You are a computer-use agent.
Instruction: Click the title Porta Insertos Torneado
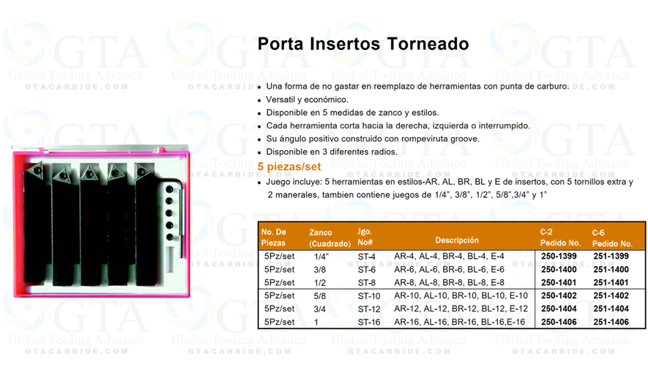[x=363, y=45]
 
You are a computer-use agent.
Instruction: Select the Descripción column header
[x=457, y=240]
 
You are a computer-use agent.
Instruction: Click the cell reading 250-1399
[x=559, y=257]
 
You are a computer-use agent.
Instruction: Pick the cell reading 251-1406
[x=611, y=322]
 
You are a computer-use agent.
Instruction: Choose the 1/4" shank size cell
[x=321, y=257]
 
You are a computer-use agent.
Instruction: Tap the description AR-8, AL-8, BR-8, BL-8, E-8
[x=449, y=282]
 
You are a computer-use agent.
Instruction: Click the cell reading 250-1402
[x=559, y=295]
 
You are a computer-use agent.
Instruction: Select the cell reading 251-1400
[x=611, y=270]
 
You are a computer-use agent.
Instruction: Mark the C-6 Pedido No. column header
[x=611, y=237]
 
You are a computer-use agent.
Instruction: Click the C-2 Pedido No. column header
[x=559, y=237]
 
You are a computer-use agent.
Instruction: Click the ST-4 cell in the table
[x=366, y=257]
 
